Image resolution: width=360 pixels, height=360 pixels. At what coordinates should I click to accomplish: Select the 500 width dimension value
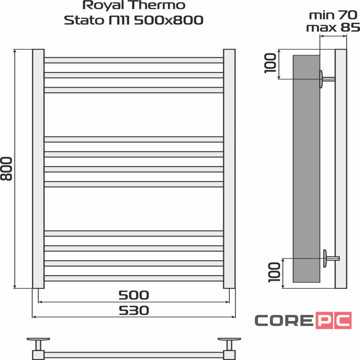[134, 295]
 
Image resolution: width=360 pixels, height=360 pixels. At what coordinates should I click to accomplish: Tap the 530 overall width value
[134, 310]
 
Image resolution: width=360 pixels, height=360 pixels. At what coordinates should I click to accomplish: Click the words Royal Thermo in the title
[134, 6]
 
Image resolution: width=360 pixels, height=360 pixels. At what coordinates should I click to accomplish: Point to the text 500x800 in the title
[168, 20]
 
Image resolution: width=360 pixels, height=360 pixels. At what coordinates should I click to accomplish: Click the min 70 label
[333, 15]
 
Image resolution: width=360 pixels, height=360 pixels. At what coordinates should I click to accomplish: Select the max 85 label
[333, 27]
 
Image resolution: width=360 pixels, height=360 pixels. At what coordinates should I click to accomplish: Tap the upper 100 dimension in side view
[271, 63]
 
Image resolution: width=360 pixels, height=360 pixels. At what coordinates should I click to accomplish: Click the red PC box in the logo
[333, 320]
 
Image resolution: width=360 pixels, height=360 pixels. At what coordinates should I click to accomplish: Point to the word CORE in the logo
[284, 320]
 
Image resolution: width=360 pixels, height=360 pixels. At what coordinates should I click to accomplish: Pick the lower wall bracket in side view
[329, 258]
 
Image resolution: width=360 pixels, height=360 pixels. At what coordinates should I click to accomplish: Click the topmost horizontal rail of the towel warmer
[134, 60]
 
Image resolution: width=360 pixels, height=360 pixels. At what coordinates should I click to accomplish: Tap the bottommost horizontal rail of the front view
[134, 278]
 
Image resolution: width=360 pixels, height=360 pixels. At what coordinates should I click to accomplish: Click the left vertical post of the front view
[38, 168]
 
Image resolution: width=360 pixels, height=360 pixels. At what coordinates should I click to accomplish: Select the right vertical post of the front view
[229, 168]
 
